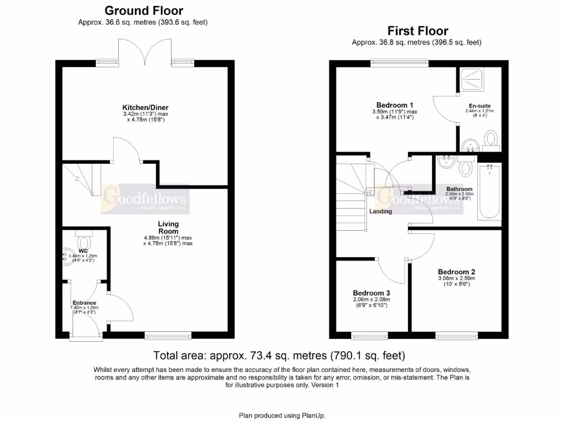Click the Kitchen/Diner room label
click(145, 108)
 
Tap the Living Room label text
click(168, 227)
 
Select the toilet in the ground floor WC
click(84, 242)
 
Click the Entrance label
click(84, 303)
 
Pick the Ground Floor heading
click(143, 10)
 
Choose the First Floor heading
click(417, 31)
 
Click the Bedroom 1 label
click(394, 105)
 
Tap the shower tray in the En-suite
click(472, 80)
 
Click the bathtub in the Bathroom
click(489, 191)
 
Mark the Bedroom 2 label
click(456, 271)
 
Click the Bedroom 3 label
click(371, 293)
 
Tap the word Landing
click(380, 211)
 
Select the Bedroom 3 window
click(368, 335)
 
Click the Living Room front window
click(168, 335)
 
